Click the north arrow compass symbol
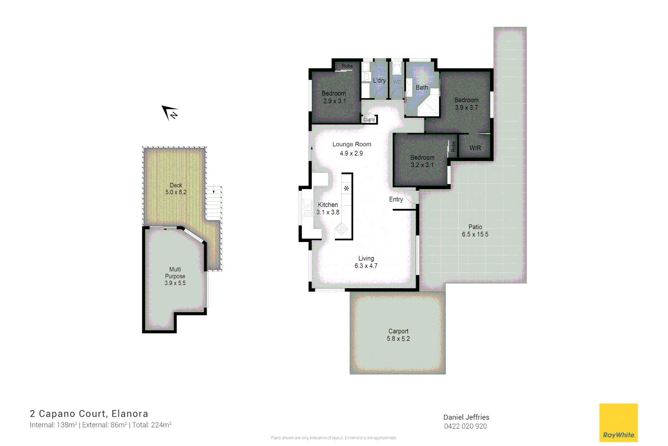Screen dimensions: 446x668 tap(170, 112)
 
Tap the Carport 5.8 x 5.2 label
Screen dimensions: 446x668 tap(398, 335)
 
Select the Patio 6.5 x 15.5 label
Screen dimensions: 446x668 tap(475, 230)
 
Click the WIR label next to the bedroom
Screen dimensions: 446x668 tap(475, 148)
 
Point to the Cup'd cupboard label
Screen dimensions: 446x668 tap(369, 120)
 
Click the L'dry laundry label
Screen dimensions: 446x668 tap(379, 81)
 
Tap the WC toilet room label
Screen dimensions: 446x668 tap(397, 82)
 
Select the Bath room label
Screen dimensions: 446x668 tap(422, 88)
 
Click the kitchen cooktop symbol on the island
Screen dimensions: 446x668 tap(342, 229)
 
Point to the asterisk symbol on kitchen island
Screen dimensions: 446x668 tap(347, 188)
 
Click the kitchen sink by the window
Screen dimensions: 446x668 tap(307, 208)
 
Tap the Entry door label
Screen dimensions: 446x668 tap(396, 199)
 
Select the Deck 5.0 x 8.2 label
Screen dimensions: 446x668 tap(176, 189)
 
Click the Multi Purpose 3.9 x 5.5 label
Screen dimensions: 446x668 tap(175, 276)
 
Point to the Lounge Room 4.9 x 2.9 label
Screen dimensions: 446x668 tap(352, 149)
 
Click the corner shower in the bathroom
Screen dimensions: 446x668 tap(429, 106)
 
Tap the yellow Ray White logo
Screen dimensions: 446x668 tap(618, 422)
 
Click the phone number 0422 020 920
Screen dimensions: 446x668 tap(465, 426)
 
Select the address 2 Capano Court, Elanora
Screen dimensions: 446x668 tap(89, 414)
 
